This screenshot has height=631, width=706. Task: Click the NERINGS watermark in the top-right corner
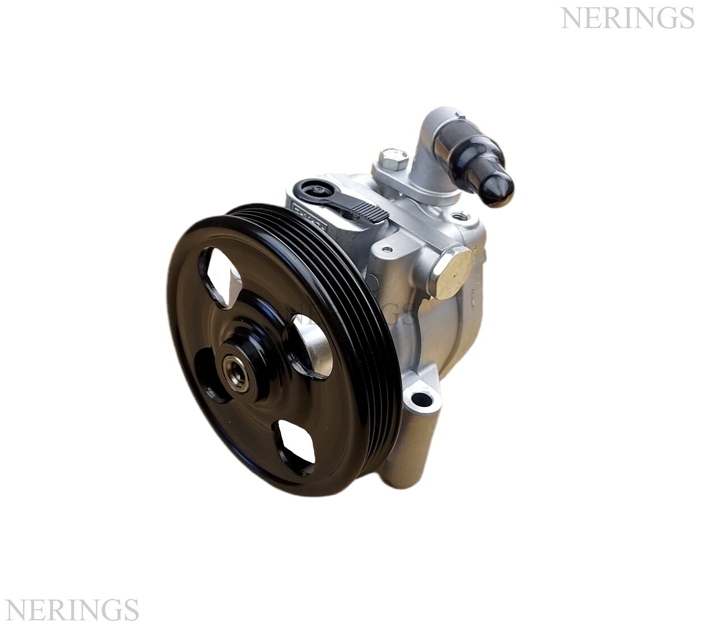coord(627,19)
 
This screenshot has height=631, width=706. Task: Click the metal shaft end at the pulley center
coord(232,368)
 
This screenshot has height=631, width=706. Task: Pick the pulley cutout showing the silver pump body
coord(309,349)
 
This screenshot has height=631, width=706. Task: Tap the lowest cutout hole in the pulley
coord(294,443)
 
